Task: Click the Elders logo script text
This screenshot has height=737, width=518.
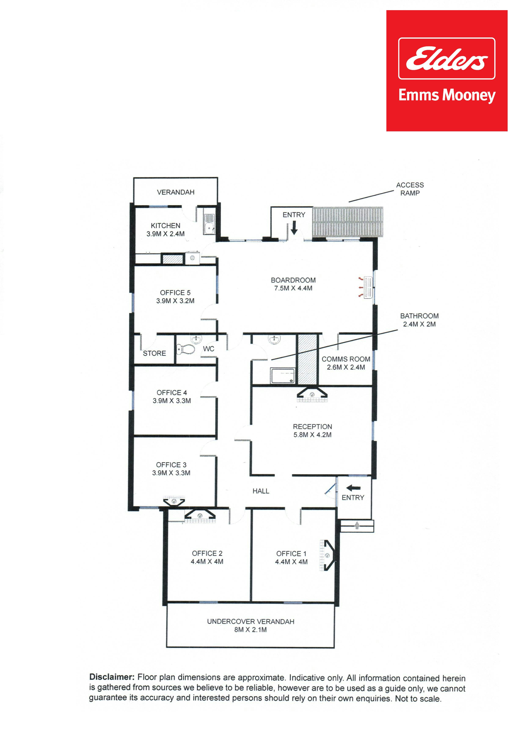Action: pos(446,59)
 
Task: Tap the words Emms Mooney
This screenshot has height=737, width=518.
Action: pos(447,95)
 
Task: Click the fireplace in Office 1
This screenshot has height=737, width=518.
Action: pos(327,555)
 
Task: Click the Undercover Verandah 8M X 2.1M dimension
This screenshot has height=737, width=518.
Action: pos(251,630)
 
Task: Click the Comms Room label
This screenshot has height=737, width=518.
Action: pos(346,359)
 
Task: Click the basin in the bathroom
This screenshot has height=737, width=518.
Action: pos(274,339)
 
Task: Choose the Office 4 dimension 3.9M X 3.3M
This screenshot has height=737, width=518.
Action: pos(172,401)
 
